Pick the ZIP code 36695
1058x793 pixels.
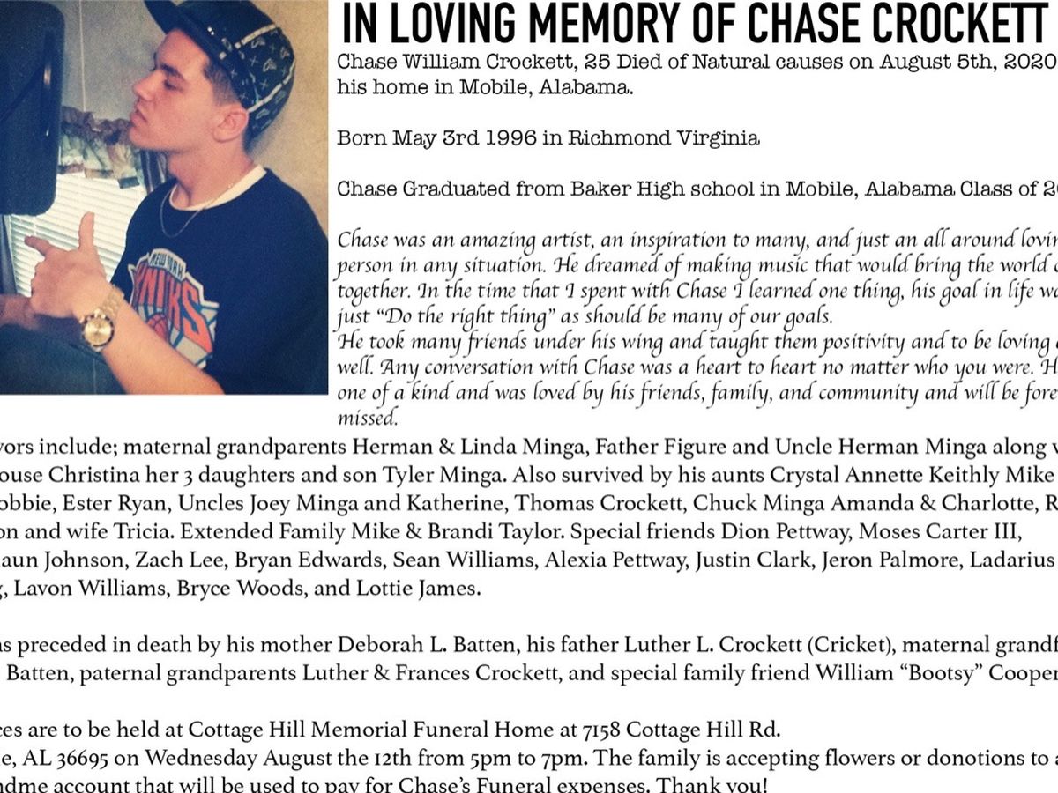(107, 757)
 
